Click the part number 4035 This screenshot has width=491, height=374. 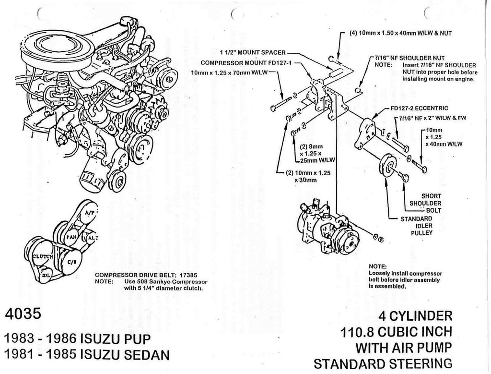24,314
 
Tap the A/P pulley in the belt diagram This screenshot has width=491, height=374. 89,213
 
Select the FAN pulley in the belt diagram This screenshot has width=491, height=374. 72,236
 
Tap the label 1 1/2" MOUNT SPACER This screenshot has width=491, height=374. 253,52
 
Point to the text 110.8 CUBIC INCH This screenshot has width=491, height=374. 396,332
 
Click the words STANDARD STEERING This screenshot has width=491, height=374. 383,362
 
